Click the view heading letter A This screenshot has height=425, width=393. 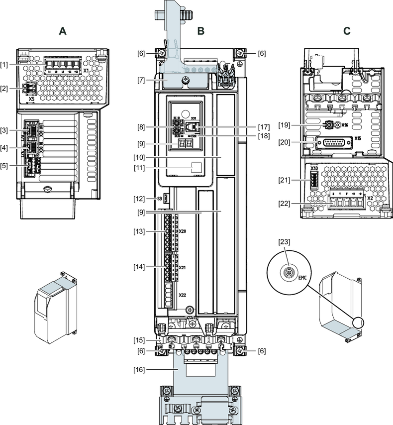(x=63, y=31)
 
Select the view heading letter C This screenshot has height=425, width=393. (x=347, y=31)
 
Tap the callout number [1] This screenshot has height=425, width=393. (x=4, y=64)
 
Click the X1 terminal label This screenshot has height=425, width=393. (x=86, y=71)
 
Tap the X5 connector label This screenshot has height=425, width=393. (x=32, y=99)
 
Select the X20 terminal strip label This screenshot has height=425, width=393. (x=183, y=232)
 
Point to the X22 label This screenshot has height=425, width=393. (x=183, y=295)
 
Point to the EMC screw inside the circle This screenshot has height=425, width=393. (x=287, y=272)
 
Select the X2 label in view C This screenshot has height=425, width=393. (x=370, y=198)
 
